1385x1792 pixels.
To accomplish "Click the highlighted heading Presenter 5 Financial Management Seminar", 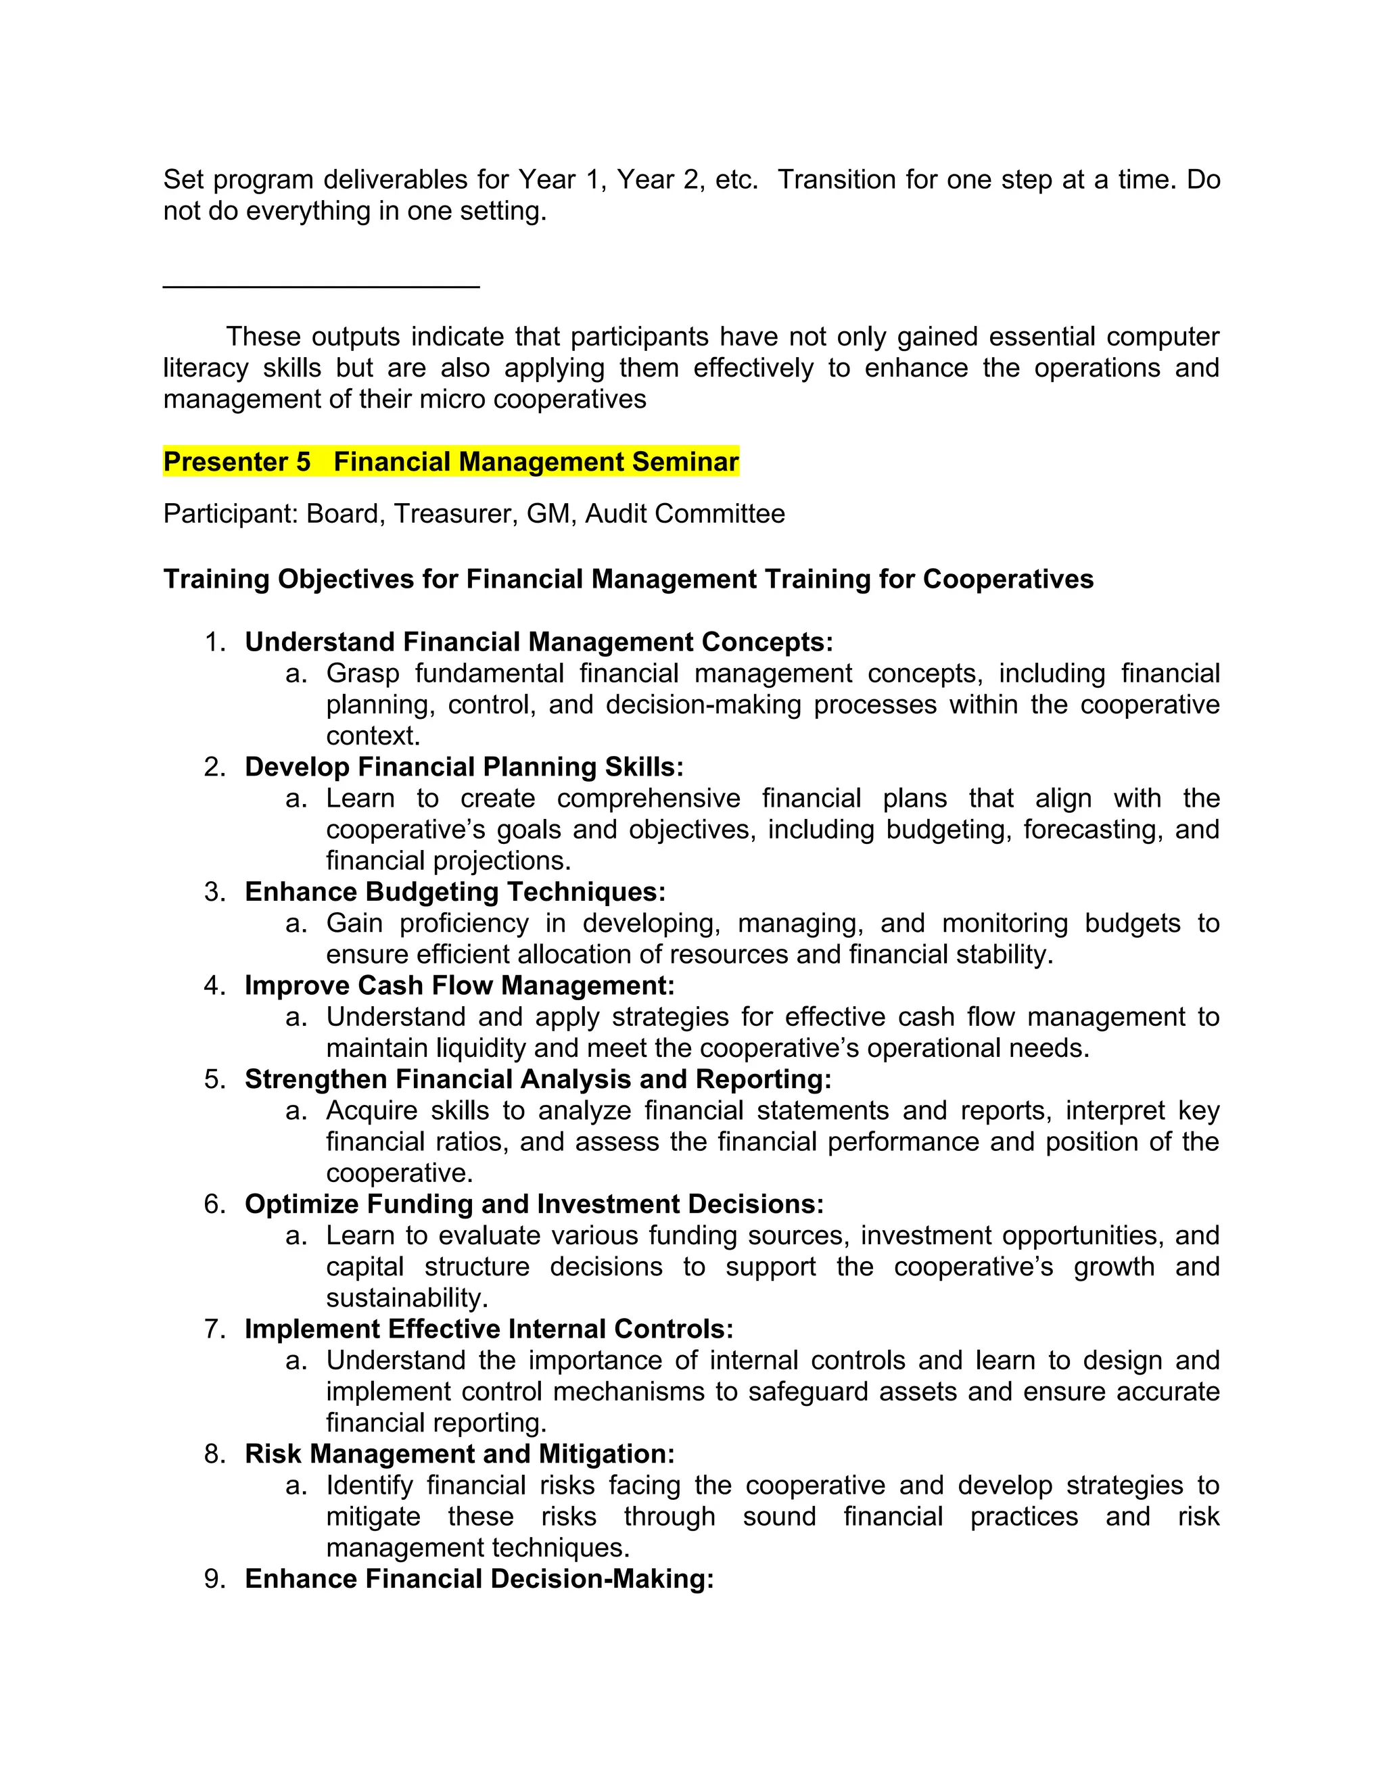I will (x=450, y=462).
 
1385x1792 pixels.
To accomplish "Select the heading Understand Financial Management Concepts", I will (x=538, y=642).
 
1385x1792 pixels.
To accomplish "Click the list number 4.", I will (x=214, y=985).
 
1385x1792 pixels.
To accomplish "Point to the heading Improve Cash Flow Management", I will (x=459, y=985).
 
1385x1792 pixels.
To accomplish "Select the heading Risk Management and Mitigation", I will (x=459, y=1454).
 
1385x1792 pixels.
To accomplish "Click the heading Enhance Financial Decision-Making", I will (x=479, y=1579).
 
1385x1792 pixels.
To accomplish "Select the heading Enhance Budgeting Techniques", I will (x=454, y=892).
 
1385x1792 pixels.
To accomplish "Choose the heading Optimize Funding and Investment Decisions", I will (x=534, y=1204).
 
